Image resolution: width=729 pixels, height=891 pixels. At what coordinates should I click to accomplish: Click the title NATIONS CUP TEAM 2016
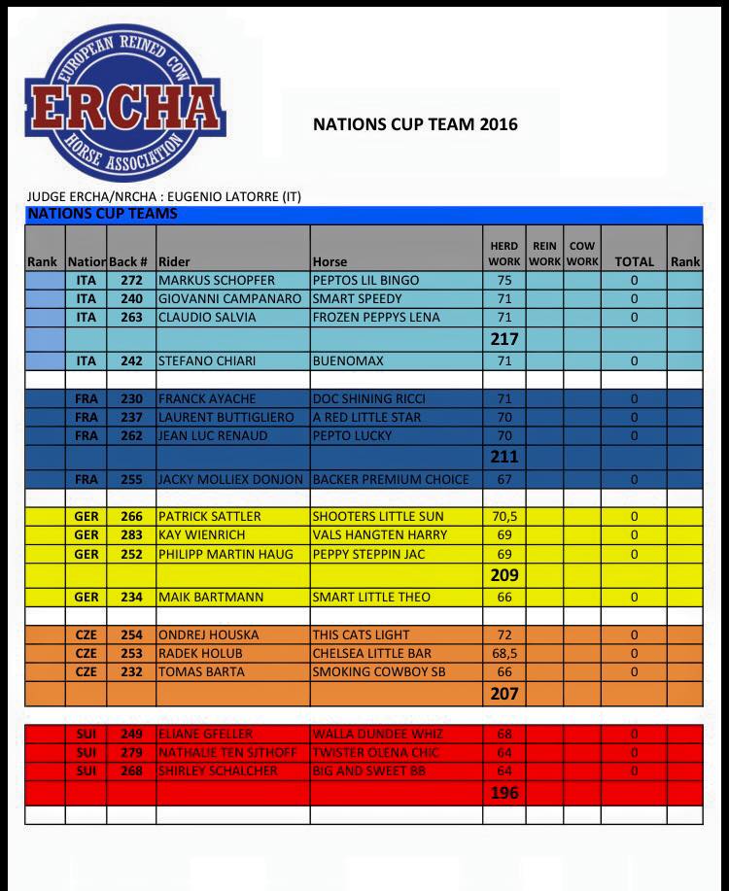click(415, 124)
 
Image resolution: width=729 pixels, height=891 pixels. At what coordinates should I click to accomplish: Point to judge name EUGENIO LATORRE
click(228, 196)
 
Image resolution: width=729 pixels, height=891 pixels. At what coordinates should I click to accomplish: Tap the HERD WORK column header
click(503, 254)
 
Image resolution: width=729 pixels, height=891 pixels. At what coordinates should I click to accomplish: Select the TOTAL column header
click(634, 261)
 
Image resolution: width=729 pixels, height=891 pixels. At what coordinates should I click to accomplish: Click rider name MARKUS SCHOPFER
click(217, 280)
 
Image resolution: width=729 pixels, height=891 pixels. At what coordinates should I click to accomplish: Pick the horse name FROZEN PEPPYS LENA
click(376, 317)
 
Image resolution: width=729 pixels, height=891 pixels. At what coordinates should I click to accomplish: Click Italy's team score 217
click(503, 339)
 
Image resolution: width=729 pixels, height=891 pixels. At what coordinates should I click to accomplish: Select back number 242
click(131, 360)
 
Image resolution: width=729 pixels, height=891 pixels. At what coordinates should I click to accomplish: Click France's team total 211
click(503, 457)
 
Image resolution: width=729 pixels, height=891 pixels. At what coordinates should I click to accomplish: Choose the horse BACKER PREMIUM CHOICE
click(391, 479)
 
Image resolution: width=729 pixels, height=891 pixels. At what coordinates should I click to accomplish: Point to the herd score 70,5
click(503, 516)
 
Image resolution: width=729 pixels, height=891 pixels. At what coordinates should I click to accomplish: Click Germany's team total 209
click(503, 575)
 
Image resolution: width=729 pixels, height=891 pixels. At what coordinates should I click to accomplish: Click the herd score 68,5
click(503, 653)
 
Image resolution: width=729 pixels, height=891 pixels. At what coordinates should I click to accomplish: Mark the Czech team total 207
click(503, 694)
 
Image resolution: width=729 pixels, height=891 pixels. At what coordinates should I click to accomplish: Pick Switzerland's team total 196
click(503, 793)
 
